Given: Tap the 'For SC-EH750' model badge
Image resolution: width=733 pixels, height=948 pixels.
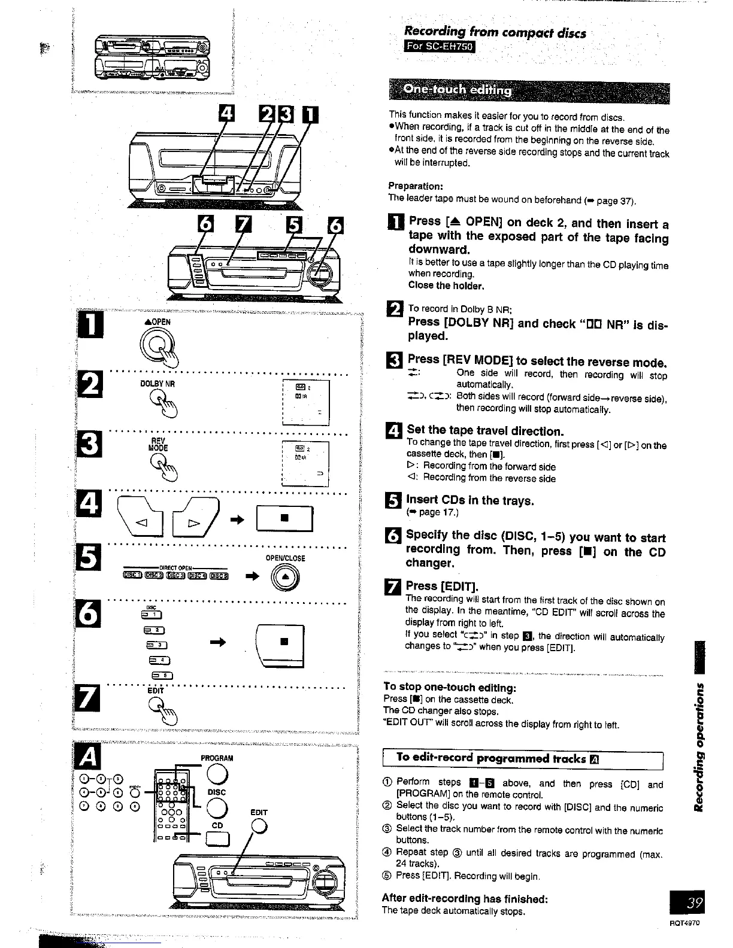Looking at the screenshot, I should point(440,47).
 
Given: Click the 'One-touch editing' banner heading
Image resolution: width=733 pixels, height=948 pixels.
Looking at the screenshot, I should point(458,90).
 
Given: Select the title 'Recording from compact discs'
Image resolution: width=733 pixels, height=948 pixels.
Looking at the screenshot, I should point(495,32).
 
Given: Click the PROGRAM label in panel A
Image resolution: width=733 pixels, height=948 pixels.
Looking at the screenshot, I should point(216,758).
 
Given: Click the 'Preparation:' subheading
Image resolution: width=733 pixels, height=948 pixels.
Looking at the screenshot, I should point(415,186).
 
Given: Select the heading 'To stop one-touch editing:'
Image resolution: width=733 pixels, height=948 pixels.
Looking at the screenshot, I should point(449,687).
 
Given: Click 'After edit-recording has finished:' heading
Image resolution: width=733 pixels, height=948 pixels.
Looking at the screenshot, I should point(465,898).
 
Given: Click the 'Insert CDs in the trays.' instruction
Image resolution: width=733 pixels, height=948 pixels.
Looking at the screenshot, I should point(470,500).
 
